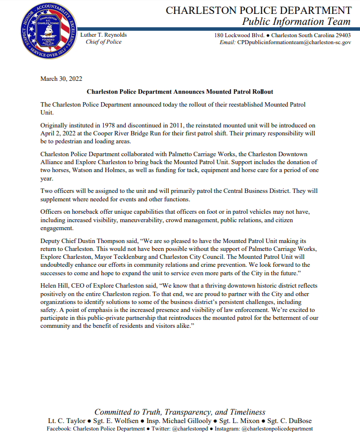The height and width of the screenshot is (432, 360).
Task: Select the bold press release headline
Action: point(180,92)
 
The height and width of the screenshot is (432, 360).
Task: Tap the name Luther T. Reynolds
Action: point(103,35)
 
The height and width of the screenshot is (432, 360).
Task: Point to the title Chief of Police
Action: point(103,42)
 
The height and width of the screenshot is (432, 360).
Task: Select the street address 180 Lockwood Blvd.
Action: point(239,35)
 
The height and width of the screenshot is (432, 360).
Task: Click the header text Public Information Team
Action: point(296,21)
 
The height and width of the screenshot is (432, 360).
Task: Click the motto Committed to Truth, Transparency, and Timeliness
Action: point(180,412)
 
